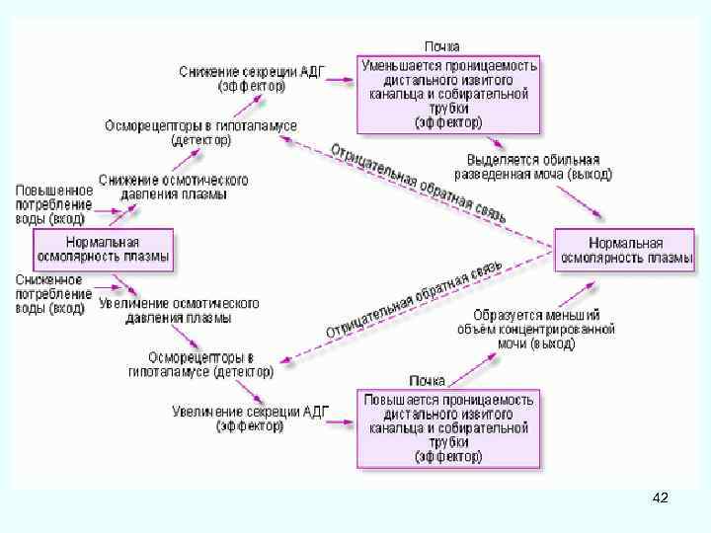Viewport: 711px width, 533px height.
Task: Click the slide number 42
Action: [661, 498]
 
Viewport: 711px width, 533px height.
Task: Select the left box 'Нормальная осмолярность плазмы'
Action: [103, 250]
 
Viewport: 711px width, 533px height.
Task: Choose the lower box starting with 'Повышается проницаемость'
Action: [449, 428]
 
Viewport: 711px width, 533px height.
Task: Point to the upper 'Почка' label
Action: [441, 46]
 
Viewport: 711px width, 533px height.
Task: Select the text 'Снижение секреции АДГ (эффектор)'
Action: [252, 78]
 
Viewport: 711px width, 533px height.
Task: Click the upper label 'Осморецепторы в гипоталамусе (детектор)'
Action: [200, 132]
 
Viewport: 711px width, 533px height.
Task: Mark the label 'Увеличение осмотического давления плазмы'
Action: [179, 310]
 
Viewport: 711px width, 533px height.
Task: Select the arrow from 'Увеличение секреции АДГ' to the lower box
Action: [341, 421]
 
